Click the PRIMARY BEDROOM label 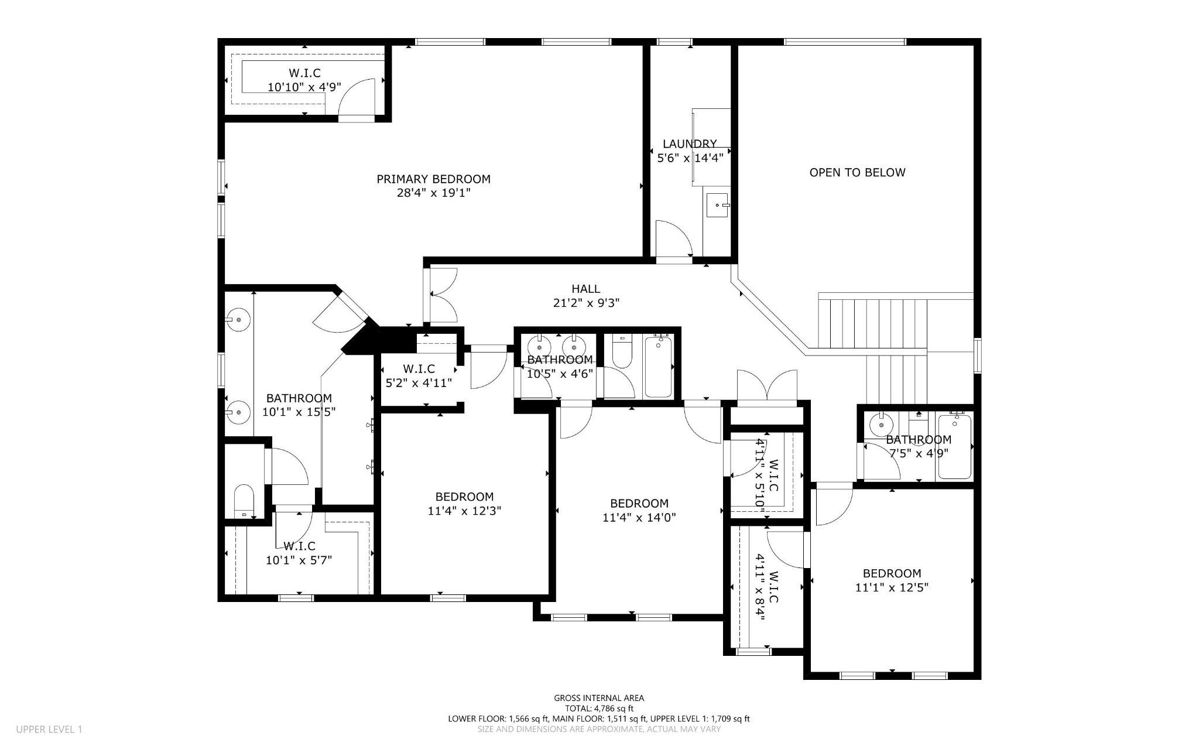(433, 179)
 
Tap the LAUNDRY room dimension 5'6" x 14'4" (690, 158)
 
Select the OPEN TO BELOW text (857, 172)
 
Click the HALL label (585, 289)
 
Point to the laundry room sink (718, 205)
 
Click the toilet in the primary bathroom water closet (243, 501)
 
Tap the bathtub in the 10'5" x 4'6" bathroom (659, 366)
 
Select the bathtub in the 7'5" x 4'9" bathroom (954, 446)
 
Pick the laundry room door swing (673, 239)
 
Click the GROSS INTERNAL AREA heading (599, 697)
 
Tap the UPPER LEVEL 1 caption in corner (49, 729)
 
